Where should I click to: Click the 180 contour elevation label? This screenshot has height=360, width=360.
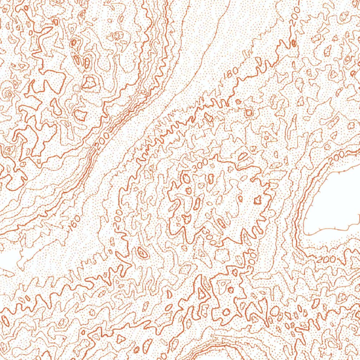pyautogui.click(x=232, y=72)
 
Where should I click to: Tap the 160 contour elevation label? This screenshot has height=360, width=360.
pyautogui.click(x=75, y=223)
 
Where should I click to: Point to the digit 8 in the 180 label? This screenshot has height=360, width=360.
pyautogui.click(x=232, y=72)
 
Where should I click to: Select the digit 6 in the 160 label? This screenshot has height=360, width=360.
pyautogui.click(x=75, y=223)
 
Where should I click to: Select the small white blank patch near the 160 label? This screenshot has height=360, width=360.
pyautogui.click(x=9, y=258)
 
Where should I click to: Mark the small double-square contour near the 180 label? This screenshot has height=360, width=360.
pyautogui.click(x=249, y=112)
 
